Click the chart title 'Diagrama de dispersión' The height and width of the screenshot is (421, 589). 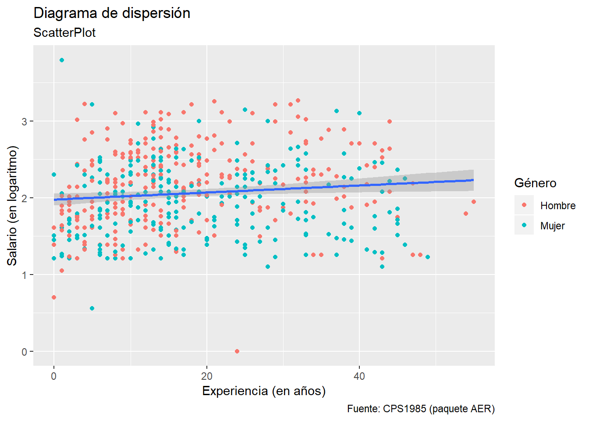pyautogui.click(x=112, y=13)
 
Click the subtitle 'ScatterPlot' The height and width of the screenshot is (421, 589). pyautogui.click(x=64, y=33)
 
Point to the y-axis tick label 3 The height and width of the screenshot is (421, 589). pyautogui.click(x=24, y=121)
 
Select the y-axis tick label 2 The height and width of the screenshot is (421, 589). pyautogui.click(x=24, y=198)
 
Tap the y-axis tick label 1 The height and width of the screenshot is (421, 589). pyautogui.click(x=24, y=275)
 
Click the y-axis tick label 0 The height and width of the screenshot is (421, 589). pyautogui.click(x=24, y=352)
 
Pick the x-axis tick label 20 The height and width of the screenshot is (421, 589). pyautogui.click(x=206, y=376)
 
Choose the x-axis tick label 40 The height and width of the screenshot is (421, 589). pyautogui.click(x=359, y=376)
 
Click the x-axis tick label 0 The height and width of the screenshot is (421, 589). pyautogui.click(x=54, y=376)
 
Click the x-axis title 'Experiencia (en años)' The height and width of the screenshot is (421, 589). pyautogui.click(x=264, y=391)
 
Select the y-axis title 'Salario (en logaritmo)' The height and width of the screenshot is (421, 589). pyautogui.click(x=12, y=205)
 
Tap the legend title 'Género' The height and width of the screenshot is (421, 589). pyautogui.click(x=535, y=183)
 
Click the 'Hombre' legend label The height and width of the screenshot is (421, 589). pyautogui.click(x=557, y=206)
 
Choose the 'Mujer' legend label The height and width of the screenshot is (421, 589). pyautogui.click(x=552, y=226)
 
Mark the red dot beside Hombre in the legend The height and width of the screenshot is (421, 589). pyautogui.click(x=524, y=205)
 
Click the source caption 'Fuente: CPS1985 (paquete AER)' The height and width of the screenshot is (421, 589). pyautogui.click(x=421, y=409)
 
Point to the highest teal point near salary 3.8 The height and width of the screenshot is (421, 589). pyautogui.click(x=62, y=60)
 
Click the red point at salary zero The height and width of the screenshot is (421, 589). pyautogui.click(x=237, y=351)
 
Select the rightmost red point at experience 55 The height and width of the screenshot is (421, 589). pyautogui.click(x=473, y=202)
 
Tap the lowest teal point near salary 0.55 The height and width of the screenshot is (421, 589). pyautogui.click(x=92, y=308)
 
